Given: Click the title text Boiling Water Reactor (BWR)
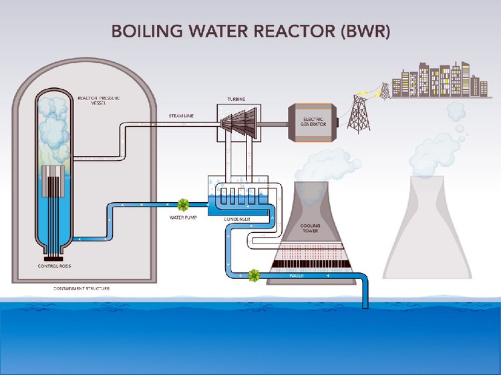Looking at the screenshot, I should [250, 31].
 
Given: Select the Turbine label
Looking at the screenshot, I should [236, 99].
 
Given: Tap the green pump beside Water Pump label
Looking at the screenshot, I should [182, 204].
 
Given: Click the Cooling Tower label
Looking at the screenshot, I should [310, 229].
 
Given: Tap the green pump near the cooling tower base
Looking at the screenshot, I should [254, 275].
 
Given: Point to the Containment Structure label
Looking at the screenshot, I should [82, 289].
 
